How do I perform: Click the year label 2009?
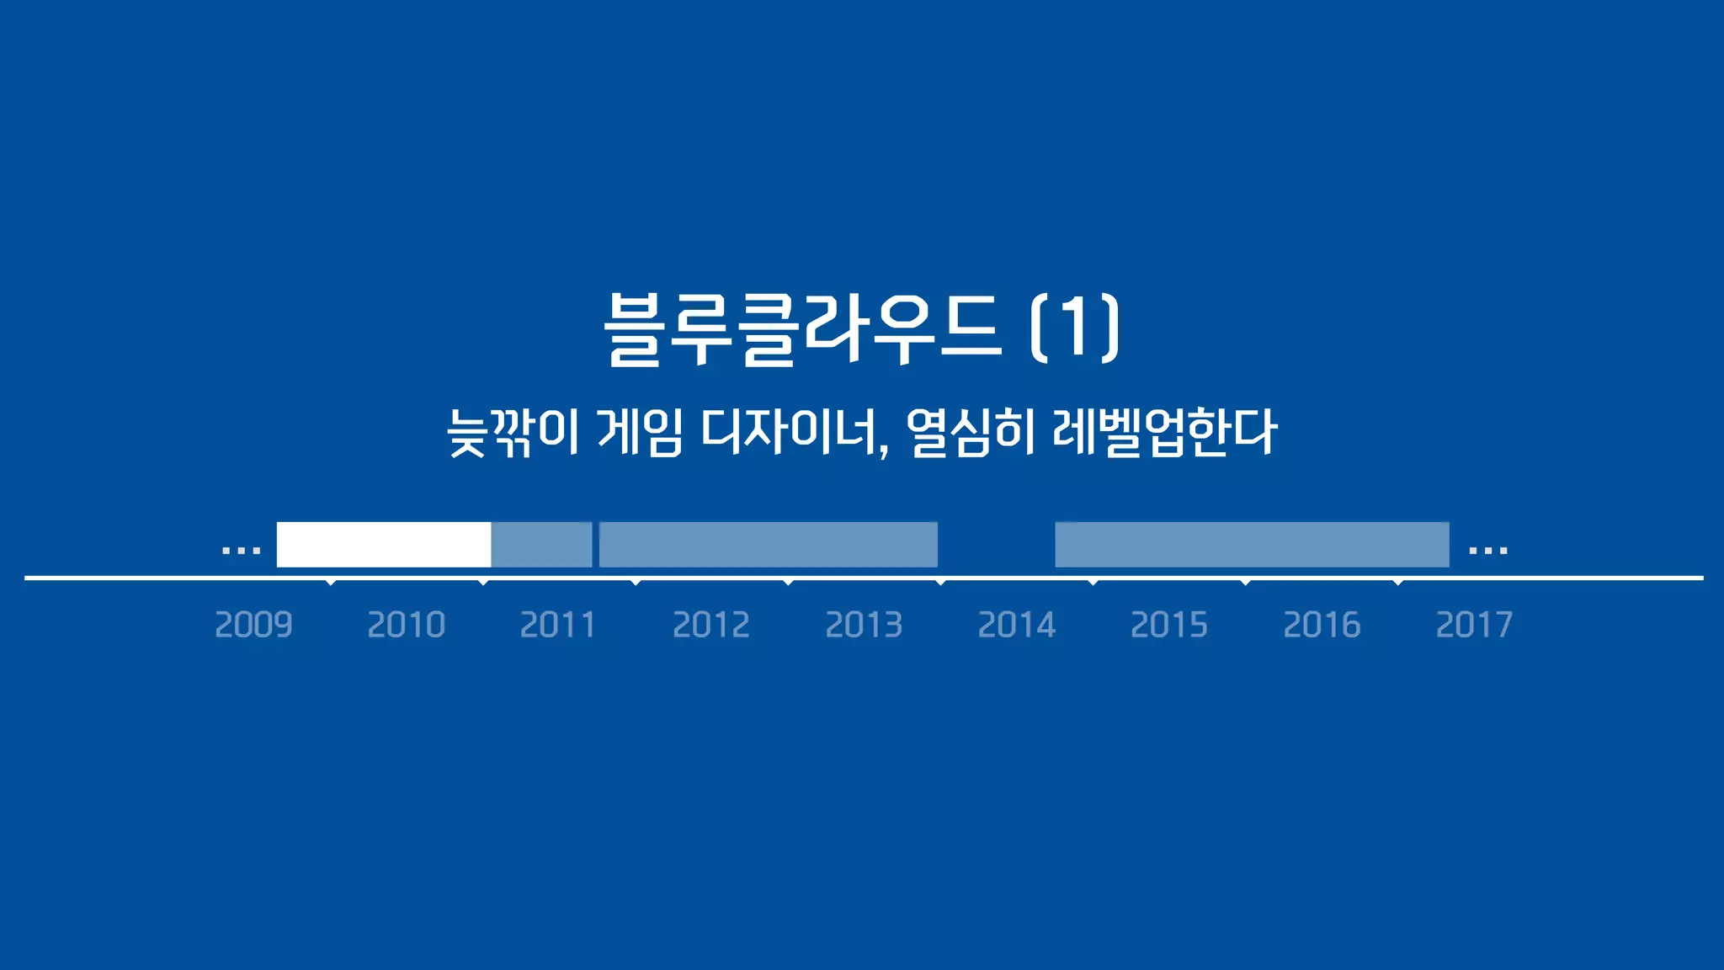[x=253, y=625]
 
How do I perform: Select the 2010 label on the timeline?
[x=406, y=625]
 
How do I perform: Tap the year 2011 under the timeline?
[x=558, y=625]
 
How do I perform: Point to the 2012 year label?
[x=711, y=625]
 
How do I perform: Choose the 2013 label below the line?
[x=864, y=625]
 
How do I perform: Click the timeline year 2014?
[x=1016, y=625]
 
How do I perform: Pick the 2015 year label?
[x=1168, y=625]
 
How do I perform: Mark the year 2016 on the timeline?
[x=1322, y=625]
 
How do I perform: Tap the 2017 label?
[x=1474, y=625]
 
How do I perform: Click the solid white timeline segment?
[x=384, y=545]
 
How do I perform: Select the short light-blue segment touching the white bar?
[x=542, y=545]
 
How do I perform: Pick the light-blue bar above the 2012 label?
[x=768, y=545]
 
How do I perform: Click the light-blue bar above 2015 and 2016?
[x=1252, y=545]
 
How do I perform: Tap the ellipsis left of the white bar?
[x=241, y=551]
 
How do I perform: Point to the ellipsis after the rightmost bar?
[x=1487, y=551]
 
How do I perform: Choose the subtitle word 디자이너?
[x=795, y=433]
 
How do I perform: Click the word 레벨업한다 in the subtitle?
[x=1165, y=433]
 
